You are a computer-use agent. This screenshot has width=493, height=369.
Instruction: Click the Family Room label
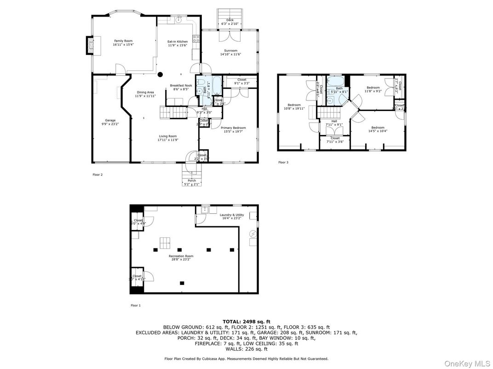[123, 41]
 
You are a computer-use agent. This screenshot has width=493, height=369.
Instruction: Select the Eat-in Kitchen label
[177, 42]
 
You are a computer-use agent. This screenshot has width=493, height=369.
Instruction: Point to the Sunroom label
[230, 50]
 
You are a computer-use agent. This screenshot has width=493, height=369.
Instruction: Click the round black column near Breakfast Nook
[160, 74]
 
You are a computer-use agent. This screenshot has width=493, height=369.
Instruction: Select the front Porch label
[192, 180]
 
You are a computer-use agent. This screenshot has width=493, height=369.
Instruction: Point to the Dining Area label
[145, 92]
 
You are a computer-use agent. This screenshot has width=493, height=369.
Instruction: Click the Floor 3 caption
[283, 162]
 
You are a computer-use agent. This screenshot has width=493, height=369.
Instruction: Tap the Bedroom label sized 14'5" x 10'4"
[378, 128]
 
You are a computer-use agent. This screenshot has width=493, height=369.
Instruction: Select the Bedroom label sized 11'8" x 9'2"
[373, 88]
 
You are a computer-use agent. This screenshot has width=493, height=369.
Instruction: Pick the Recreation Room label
[181, 256]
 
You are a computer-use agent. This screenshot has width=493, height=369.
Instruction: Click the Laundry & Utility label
[231, 215]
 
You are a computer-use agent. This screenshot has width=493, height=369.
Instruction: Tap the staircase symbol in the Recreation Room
[164, 242]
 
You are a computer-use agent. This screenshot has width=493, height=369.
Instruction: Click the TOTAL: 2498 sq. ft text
[246, 321]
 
